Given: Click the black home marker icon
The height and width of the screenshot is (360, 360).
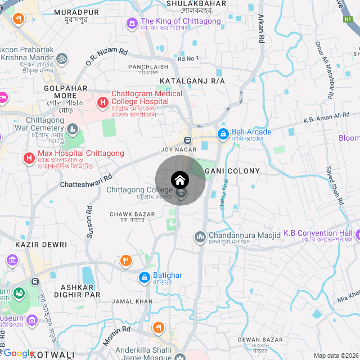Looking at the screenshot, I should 180,180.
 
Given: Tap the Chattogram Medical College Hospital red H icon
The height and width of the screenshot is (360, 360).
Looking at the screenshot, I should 102,102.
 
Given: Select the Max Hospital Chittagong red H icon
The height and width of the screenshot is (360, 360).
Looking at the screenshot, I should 29,158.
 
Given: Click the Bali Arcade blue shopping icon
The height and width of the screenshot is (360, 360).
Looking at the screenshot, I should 223,133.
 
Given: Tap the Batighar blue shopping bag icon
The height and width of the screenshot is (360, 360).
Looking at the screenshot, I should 143,277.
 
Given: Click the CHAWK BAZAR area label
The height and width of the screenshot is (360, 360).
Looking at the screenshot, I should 132,214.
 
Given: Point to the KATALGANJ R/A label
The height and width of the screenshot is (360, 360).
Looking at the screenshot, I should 192,82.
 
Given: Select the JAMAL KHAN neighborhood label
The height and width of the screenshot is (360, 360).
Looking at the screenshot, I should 132,301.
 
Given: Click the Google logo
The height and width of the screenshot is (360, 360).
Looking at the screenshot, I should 19,353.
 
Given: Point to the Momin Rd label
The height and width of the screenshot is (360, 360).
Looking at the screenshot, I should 116,336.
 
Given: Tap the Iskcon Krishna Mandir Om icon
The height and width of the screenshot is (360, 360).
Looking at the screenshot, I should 62,58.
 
